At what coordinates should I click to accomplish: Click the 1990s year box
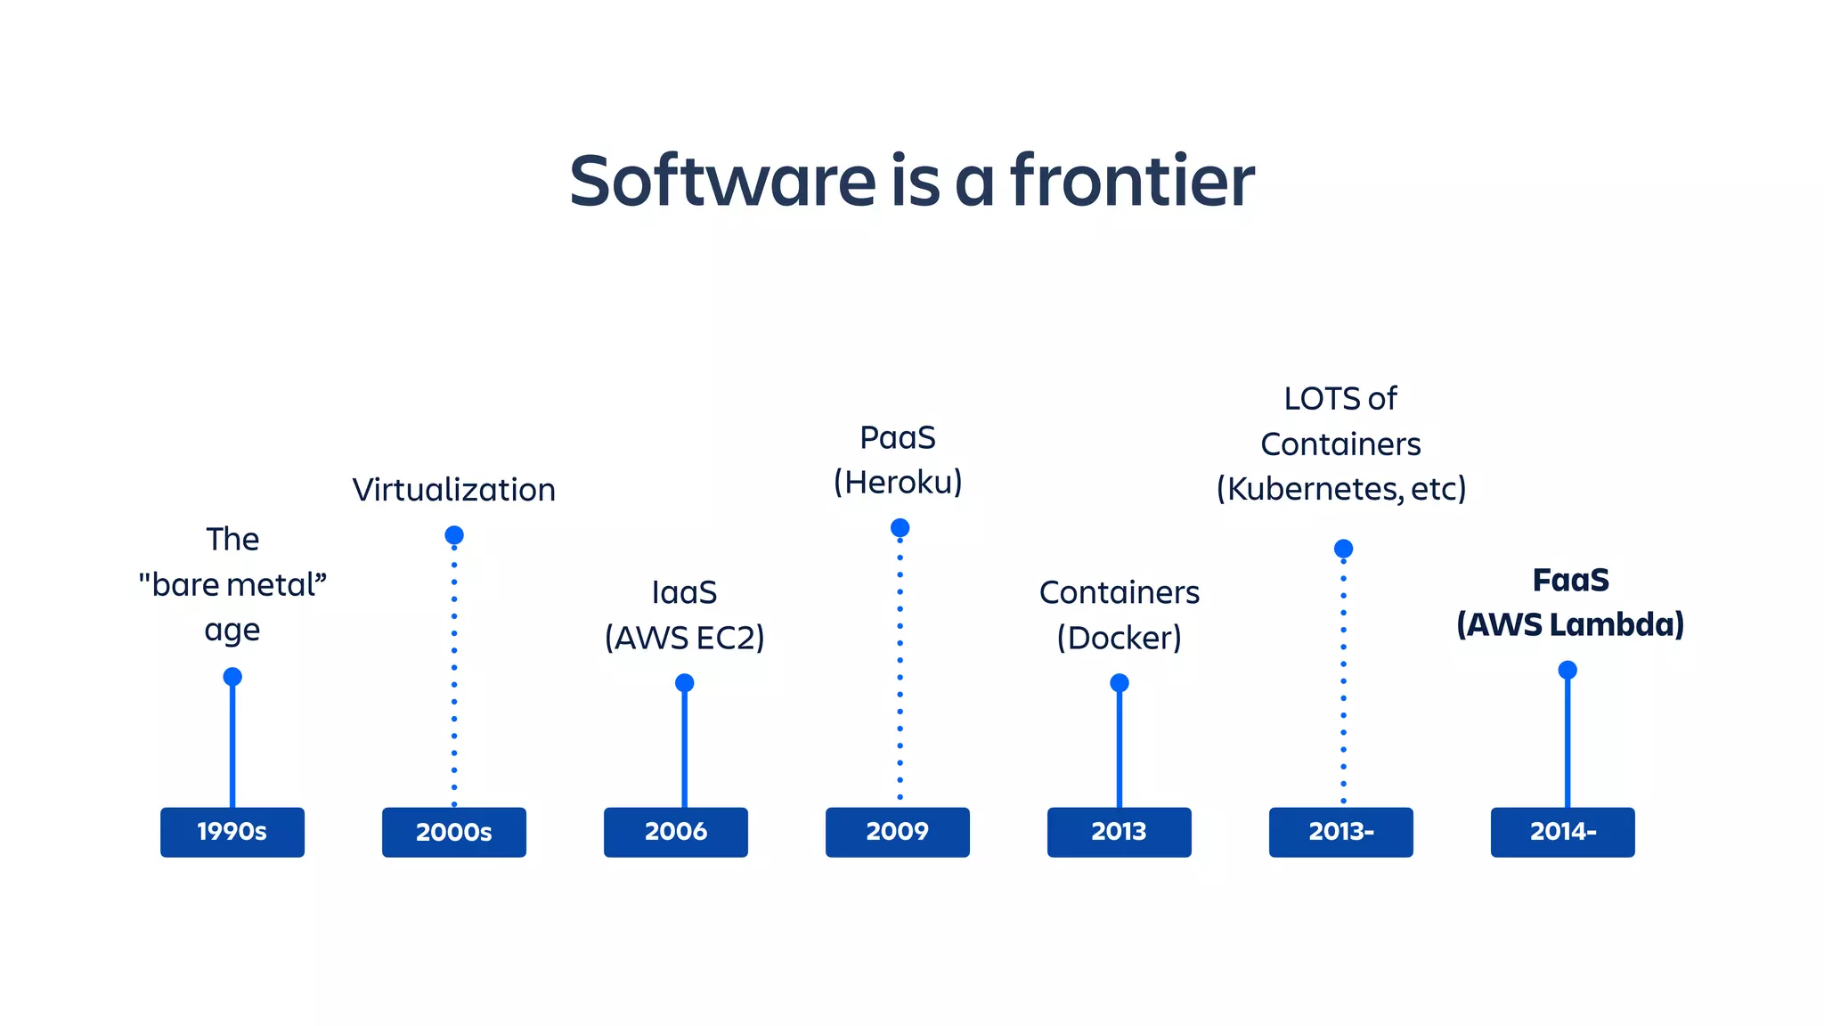(x=232, y=832)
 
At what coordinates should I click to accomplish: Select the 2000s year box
(x=453, y=832)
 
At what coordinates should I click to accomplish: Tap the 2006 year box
(x=675, y=832)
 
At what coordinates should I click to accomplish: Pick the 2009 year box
(x=897, y=832)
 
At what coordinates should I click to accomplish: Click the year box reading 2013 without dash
(x=1119, y=832)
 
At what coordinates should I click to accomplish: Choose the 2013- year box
(x=1340, y=832)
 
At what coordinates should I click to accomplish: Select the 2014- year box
(x=1562, y=832)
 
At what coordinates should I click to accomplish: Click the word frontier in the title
(x=1132, y=181)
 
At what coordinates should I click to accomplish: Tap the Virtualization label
(x=453, y=490)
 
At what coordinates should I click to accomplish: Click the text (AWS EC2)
(x=684, y=638)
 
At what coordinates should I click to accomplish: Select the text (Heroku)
(x=898, y=482)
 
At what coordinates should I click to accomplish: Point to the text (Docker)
(x=1119, y=638)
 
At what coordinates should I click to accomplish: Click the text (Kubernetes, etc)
(x=1340, y=488)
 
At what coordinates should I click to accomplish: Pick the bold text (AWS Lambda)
(x=1570, y=624)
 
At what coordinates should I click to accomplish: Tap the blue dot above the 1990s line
(x=232, y=677)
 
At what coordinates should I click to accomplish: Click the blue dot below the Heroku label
(x=900, y=528)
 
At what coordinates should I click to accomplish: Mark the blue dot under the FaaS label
(x=1567, y=670)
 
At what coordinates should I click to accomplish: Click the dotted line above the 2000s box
(x=454, y=677)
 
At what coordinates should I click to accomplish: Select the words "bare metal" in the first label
(x=232, y=585)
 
